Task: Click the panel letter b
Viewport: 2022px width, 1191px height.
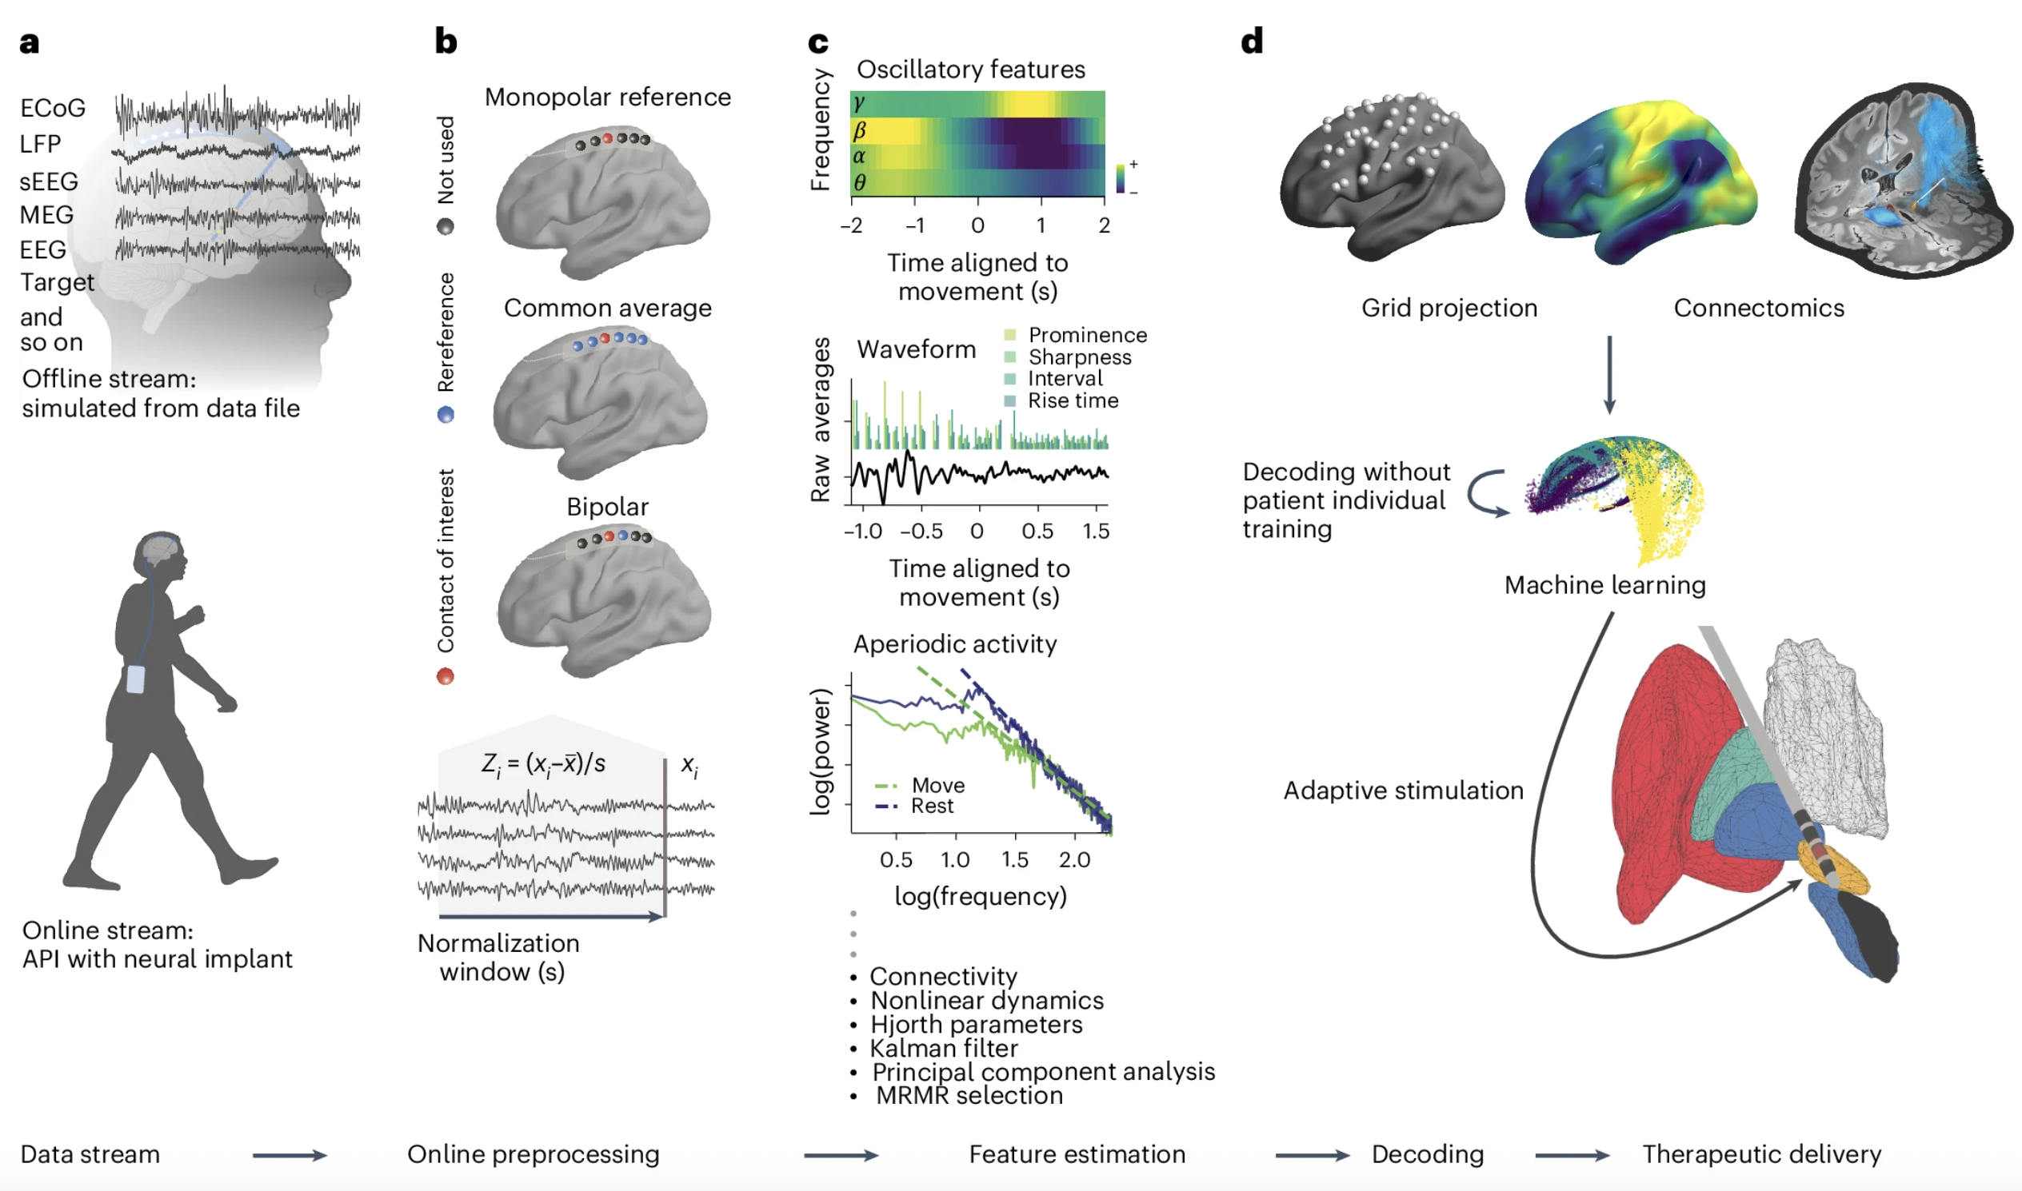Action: click(446, 41)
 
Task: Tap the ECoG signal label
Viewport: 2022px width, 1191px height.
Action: click(53, 109)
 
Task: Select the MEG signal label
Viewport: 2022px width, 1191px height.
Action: click(46, 215)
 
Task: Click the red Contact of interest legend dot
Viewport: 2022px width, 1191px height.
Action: click(445, 676)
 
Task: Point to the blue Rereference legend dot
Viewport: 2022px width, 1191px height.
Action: click(445, 414)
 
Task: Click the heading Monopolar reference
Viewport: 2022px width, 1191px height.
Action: click(607, 97)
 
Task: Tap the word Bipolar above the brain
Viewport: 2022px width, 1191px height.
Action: click(607, 507)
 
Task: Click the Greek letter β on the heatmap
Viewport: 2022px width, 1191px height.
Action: click(859, 130)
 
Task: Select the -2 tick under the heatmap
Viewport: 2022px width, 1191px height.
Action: click(851, 225)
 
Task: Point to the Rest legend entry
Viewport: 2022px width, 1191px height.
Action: click(932, 806)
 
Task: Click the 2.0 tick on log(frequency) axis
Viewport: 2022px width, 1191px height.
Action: click(1073, 859)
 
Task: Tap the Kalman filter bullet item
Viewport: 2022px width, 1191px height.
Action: click(944, 1048)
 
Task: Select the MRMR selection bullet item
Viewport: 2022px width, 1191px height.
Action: click(969, 1096)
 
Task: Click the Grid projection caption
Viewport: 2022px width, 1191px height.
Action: click(1449, 309)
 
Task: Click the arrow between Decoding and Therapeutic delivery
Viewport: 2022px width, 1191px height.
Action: click(1572, 1156)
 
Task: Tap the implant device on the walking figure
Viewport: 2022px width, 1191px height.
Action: click(136, 679)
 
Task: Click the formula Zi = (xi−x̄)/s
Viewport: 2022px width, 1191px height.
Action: click(544, 764)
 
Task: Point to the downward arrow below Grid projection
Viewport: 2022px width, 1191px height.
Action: click(1608, 374)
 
